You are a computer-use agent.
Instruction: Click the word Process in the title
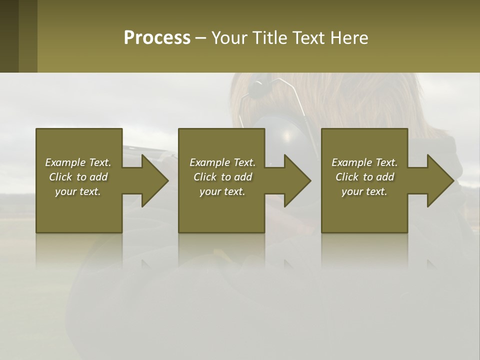point(157,38)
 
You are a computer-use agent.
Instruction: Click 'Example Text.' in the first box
point(78,162)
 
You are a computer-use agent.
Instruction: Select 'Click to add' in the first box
point(78,177)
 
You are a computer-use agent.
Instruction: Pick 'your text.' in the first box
point(78,191)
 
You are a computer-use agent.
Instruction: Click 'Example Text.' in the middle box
point(222,162)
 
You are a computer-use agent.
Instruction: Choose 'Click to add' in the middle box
point(222,177)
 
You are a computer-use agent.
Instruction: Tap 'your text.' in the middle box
point(222,191)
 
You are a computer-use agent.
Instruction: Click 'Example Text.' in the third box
point(364,162)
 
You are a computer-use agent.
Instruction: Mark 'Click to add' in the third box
point(364,177)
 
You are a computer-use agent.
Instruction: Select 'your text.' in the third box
point(364,191)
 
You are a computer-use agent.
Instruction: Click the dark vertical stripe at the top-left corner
point(9,36)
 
